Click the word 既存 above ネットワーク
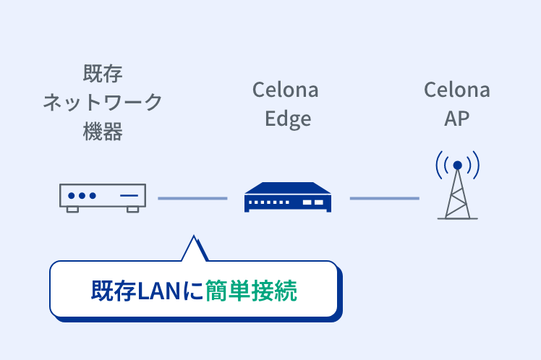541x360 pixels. pos(103,74)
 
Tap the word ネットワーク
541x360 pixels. pos(103,102)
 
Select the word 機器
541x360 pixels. pos(103,131)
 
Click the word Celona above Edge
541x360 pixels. pos(285,90)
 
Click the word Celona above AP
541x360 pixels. pos(456,90)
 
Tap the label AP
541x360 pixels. pos(456,119)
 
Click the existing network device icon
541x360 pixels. pos(102,197)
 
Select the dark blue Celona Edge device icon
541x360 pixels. pos(288,197)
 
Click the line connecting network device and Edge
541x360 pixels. pos(192,198)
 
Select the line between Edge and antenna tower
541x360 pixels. pos(384,198)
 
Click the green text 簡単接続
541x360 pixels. pos(251,290)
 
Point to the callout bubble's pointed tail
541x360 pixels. pos(193,247)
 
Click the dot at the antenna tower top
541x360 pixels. pos(457,166)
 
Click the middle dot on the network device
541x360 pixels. pos(82,196)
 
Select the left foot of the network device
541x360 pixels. pos(72,209)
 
